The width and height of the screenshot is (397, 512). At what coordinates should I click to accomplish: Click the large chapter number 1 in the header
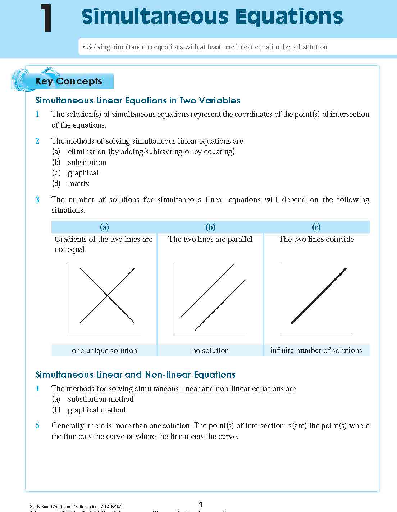(x=46, y=18)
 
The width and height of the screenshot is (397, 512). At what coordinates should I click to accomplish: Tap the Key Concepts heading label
(x=69, y=81)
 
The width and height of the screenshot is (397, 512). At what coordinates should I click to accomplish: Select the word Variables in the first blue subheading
(x=220, y=101)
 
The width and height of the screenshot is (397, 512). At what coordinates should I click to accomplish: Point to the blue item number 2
(x=37, y=141)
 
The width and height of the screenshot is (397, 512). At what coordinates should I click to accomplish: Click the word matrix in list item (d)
(x=78, y=184)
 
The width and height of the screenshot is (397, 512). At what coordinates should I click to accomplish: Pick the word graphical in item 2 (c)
(x=83, y=173)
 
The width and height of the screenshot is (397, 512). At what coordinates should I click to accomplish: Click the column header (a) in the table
(x=104, y=227)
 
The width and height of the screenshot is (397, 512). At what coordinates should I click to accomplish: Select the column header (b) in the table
(x=210, y=227)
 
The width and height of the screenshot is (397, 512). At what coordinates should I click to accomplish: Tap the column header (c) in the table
(x=316, y=227)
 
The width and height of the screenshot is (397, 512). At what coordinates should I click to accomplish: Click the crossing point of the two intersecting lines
(x=107, y=295)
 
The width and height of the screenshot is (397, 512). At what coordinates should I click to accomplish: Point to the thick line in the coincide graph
(x=319, y=295)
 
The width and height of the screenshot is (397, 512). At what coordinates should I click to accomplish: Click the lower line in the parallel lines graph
(x=220, y=305)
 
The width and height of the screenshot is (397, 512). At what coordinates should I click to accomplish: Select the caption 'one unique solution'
(x=104, y=351)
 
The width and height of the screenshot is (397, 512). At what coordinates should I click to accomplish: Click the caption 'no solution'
(x=210, y=351)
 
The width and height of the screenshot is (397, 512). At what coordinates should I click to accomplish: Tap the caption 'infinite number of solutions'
(x=316, y=351)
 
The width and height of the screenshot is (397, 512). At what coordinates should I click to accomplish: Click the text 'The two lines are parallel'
(x=210, y=239)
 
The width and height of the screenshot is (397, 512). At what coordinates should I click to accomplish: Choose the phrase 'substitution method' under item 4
(x=101, y=399)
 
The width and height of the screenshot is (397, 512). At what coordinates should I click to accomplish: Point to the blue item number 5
(x=37, y=426)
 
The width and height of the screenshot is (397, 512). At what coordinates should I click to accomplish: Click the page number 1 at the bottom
(x=201, y=504)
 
